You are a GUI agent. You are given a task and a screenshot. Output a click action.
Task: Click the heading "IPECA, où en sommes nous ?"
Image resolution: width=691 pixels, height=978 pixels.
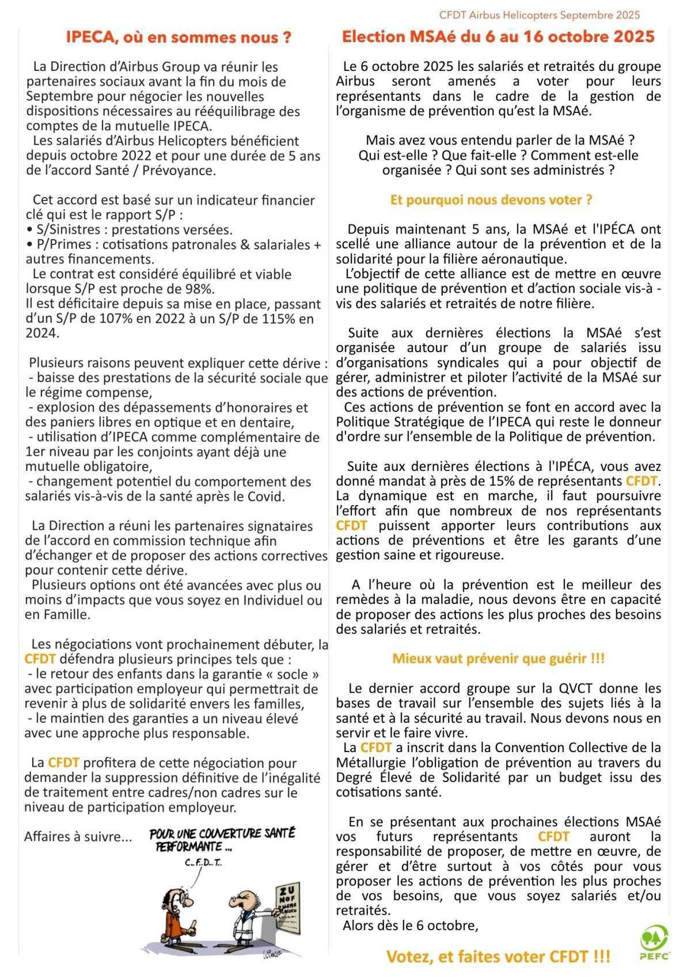point(178,38)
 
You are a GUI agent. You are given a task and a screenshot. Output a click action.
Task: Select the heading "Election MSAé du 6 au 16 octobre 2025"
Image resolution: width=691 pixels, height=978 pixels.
point(498,37)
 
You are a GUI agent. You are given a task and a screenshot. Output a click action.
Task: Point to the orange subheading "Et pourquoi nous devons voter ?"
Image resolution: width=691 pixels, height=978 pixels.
point(491,200)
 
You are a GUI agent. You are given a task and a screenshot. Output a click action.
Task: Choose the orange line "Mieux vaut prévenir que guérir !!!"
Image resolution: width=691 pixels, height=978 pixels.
point(498,659)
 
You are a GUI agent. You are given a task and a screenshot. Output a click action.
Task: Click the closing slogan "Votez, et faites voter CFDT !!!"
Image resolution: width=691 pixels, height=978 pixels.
point(498,957)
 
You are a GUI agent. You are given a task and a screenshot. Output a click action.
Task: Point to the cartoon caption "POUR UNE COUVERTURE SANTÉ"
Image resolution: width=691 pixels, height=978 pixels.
point(222,833)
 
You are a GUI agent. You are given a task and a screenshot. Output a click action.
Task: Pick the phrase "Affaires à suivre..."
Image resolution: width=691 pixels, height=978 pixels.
point(78,836)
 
